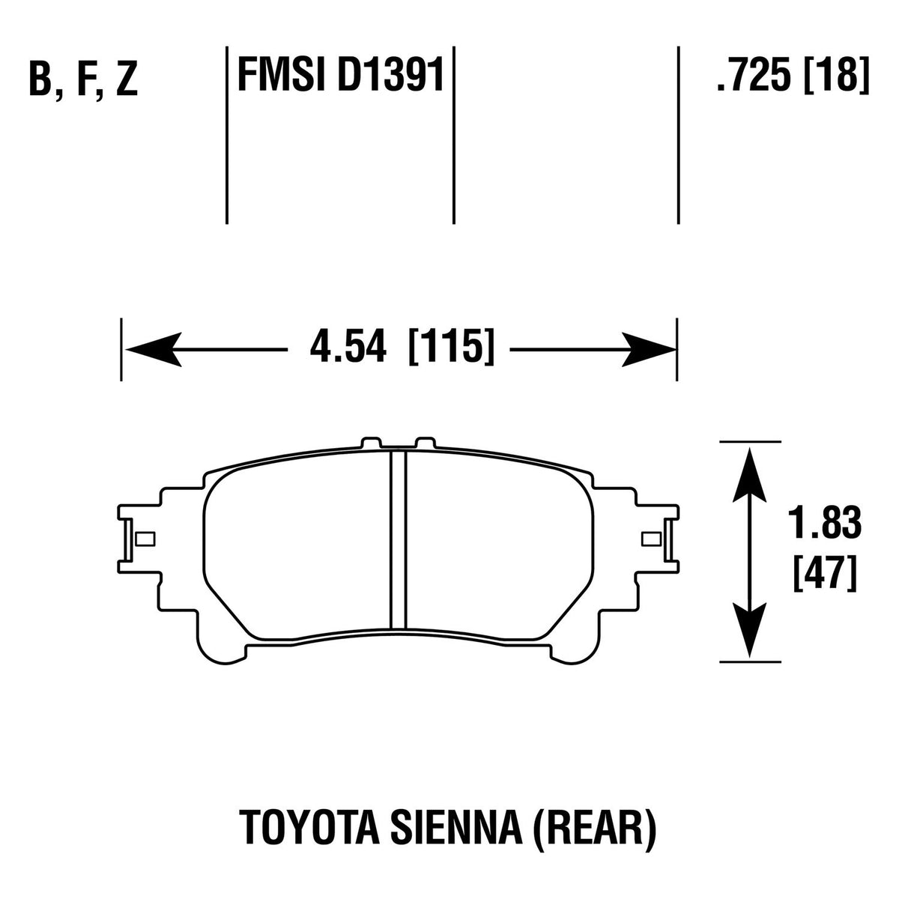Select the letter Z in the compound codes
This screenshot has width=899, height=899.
coord(127,81)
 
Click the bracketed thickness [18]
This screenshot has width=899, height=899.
coord(836,75)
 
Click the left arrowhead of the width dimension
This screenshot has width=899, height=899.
coord(154,350)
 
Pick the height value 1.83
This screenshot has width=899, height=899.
coord(824,524)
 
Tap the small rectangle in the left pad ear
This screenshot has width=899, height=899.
coord(144,539)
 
